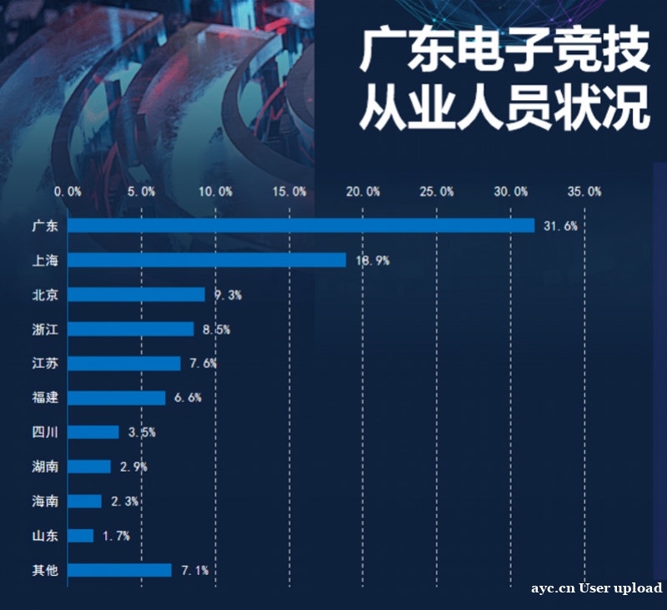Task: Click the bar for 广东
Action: pyautogui.click(x=300, y=225)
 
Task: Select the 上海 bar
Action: pyautogui.click(x=206, y=260)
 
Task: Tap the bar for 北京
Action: pyautogui.click(x=136, y=295)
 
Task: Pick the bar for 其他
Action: pyautogui.click(x=119, y=570)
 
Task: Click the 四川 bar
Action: pyautogui.click(x=93, y=432)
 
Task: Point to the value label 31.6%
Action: pyautogui.click(x=560, y=226)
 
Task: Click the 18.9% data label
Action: pyautogui.click(x=372, y=260)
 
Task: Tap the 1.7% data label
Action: pyautogui.click(x=116, y=536)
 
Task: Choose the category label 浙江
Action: pyautogui.click(x=45, y=329)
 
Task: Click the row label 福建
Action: pyautogui.click(x=45, y=397)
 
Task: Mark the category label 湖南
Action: pyautogui.click(x=45, y=466)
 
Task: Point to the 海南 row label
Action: pyautogui.click(x=45, y=501)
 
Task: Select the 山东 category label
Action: pyautogui.click(x=45, y=536)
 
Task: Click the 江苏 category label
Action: pyautogui.click(x=45, y=363)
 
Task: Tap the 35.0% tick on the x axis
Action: pyautogui.click(x=584, y=192)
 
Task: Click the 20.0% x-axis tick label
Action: pyautogui.click(x=364, y=192)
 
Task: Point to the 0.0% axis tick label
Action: pyautogui.click(x=68, y=192)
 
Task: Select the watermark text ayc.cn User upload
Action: pyautogui.click(x=597, y=588)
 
